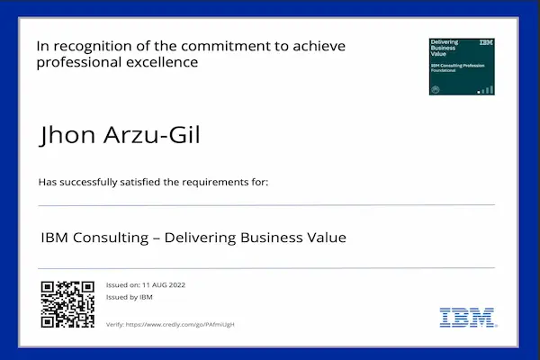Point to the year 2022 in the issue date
pos(175,285)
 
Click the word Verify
pos(114,324)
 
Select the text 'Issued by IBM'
pos(129,297)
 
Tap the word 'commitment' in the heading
pos(236,46)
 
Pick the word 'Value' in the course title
pos(326,238)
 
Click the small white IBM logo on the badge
pos(486,43)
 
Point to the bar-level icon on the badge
pos(486,89)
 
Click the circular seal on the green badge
pos(436,89)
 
